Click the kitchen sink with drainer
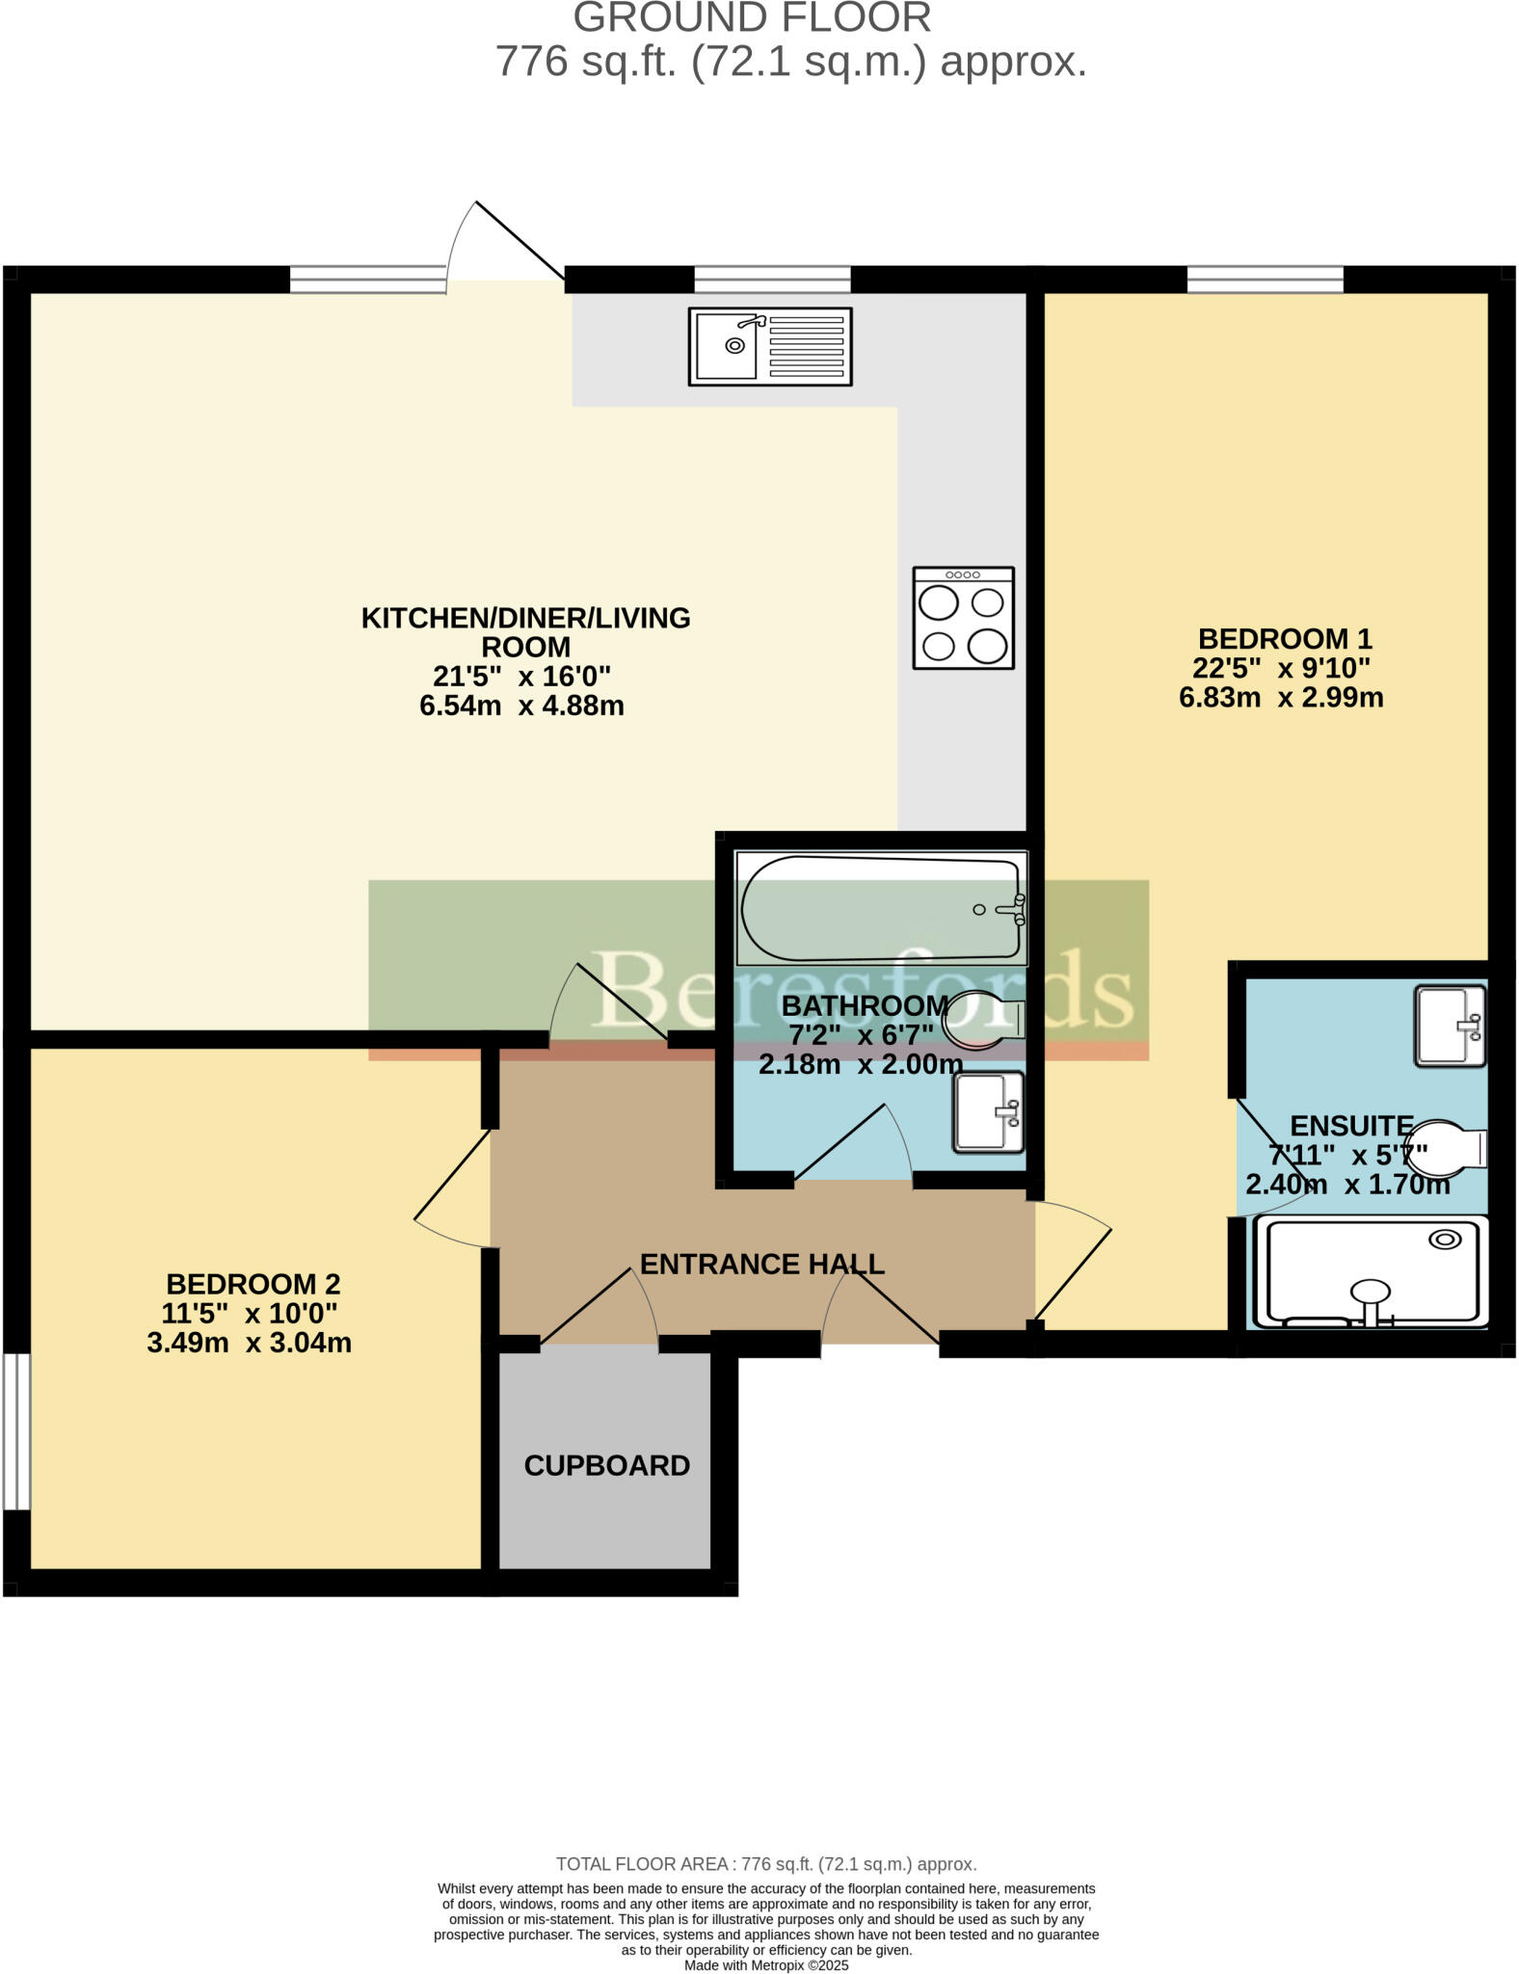tap(769, 346)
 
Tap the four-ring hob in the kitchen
tap(963, 618)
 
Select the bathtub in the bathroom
tap(879, 908)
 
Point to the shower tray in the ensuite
tap(1372, 1272)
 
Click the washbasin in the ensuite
tap(1449, 1026)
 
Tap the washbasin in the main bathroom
tap(988, 1112)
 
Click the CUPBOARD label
tap(606, 1465)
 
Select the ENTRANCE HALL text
tap(761, 1264)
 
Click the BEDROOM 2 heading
tap(253, 1284)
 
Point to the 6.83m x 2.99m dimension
tap(1280, 697)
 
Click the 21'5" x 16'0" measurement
tap(521, 676)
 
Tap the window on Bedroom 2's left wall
tap(15, 1430)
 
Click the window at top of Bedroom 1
tap(1265, 280)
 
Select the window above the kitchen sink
tap(772, 280)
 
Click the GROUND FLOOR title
tap(752, 17)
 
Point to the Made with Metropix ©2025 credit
tap(766, 1965)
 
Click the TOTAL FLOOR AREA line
tap(766, 1864)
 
